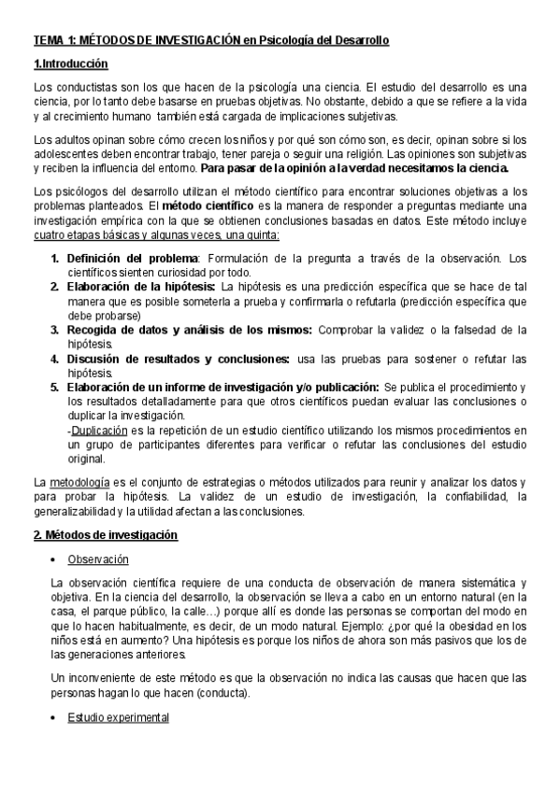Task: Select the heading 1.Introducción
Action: pyautogui.click(x=71, y=64)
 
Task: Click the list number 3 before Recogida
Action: pyautogui.click(x=54, y=330)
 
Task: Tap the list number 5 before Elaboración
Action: pyautogui.click(x=54, y=387)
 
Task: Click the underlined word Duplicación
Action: pyautogui.click(x=100, y=431)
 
